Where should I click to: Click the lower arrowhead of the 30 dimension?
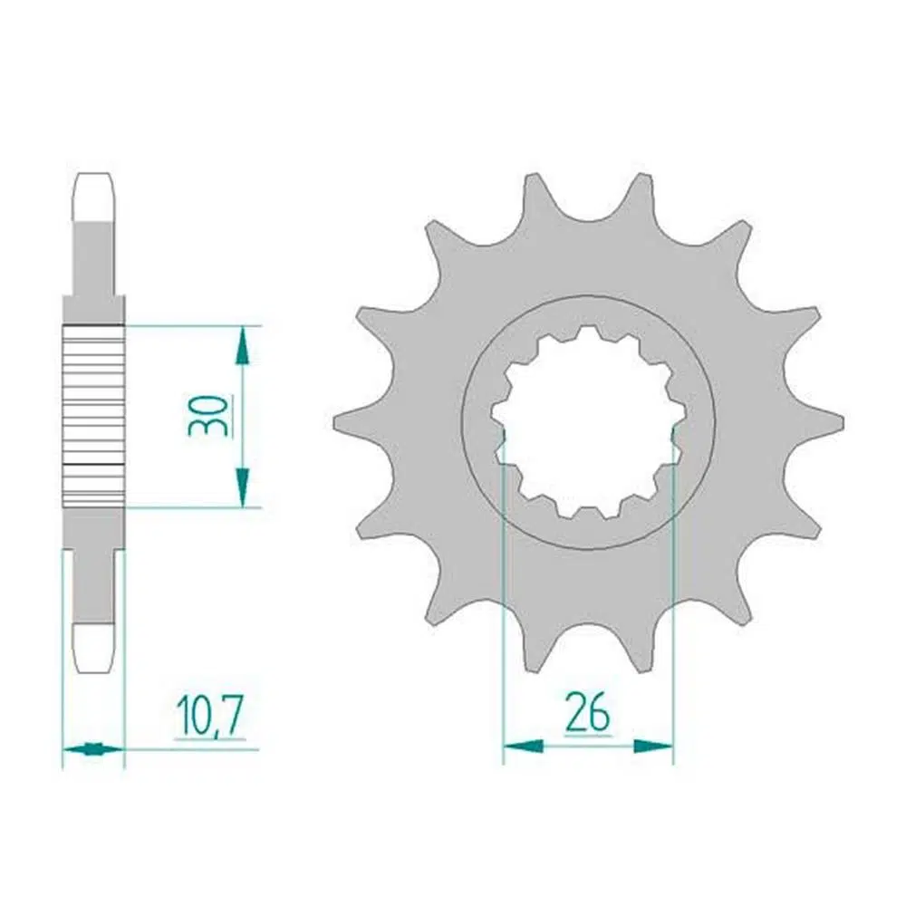[x=243, y=487]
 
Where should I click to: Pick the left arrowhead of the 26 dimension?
[x=523, y=746]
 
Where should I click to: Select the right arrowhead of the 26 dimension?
[x=653, y=746]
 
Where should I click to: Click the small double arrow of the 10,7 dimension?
[x=93, y=749]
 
